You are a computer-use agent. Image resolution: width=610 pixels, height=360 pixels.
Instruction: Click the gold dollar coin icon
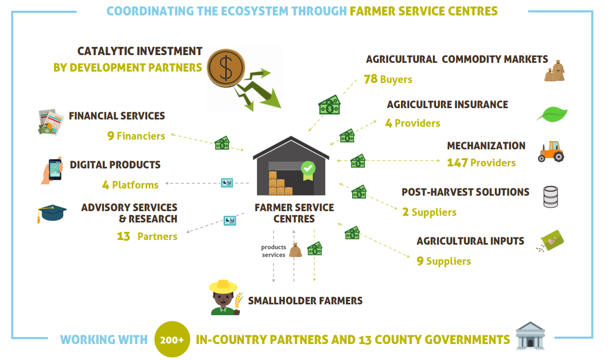coord(225,67)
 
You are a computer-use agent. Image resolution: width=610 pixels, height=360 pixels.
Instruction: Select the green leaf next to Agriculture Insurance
coord(552,114)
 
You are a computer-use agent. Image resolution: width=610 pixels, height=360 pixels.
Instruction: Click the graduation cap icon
coord(52,213)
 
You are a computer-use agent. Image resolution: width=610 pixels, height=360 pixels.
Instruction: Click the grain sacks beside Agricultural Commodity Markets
coord(555,71)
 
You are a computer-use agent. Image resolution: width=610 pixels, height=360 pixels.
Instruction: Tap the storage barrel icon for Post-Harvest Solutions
coord(550,197)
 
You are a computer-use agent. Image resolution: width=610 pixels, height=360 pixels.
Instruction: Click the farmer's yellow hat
coord(223,286)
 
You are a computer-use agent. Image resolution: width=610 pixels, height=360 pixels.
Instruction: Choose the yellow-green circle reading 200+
coord(172,339)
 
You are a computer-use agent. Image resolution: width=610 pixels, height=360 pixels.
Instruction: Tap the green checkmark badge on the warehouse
coord(308,170)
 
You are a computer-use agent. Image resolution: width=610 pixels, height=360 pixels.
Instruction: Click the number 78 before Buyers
coord(371,79)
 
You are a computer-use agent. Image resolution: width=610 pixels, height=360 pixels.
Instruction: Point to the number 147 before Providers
coord(457,163)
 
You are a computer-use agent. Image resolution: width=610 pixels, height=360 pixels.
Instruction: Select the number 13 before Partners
coord(124,236)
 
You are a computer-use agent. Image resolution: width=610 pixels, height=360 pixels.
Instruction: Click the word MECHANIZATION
coord(486,146)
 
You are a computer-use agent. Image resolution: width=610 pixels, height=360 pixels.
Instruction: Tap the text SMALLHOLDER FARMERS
coord(305,300)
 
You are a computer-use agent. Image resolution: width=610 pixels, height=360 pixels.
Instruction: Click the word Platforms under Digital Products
coord(135,185)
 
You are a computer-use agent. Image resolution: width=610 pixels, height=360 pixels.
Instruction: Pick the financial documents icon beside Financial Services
coord(51,122)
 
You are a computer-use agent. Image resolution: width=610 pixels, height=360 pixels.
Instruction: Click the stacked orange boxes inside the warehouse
coord(280,183)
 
